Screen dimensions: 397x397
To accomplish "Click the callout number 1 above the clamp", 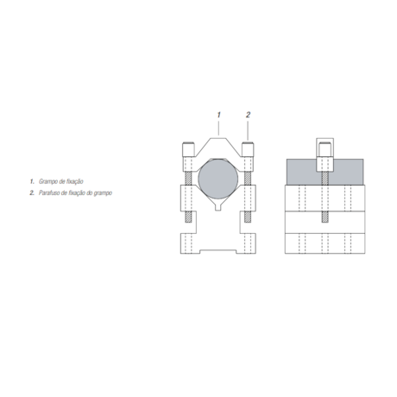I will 219,114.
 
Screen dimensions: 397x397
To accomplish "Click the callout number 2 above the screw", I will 248,114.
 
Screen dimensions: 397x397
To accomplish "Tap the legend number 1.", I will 31,182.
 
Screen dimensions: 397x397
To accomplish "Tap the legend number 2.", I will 31,192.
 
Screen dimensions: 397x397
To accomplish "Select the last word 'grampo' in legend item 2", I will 103,192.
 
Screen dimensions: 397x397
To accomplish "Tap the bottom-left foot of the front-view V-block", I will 186,250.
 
